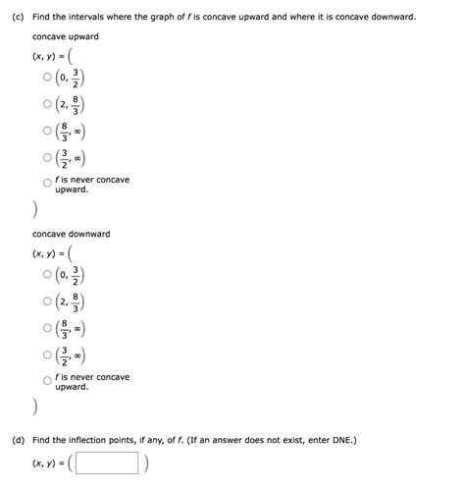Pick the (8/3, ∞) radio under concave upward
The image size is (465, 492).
point(46,132)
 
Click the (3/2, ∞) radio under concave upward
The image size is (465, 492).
point(46,158)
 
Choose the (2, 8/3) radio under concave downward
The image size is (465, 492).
point(46,303)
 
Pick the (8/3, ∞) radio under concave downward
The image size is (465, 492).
point(46,329)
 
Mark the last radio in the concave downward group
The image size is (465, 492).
point(46,381)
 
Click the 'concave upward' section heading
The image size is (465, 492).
point(65,36)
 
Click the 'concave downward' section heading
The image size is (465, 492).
point(71,235)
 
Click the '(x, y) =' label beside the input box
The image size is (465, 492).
point(50,463)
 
